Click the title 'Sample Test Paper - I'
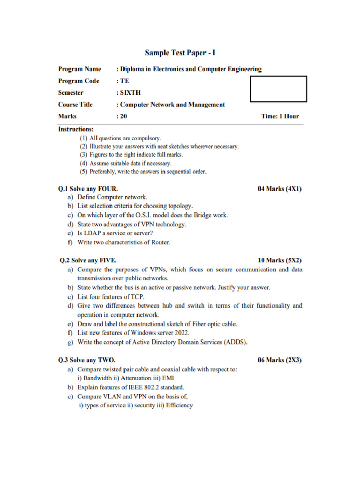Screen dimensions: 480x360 pyautogui.click(x=180, y=53)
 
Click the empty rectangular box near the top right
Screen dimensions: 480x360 pyautogui.click(x=278, y=89)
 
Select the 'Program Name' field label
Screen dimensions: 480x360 pyautogui.click(x=79, y=69)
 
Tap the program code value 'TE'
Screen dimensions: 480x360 pyautogui.click(x=124, y=81)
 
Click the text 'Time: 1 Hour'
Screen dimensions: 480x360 pyautogui.click(x=280, y=116)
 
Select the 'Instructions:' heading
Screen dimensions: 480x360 pyautogui.click(x=75, y=129)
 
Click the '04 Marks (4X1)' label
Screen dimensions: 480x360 pyautogui.click(x=280, y=189)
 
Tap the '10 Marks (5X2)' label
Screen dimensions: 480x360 pyautogui.click(x=280, y=260)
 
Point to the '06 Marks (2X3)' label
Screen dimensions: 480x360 pyautogui.click(x=280, y=360)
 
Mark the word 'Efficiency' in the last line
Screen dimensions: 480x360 pyautogui.click(x=179, y=405)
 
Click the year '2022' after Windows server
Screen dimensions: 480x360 pyautogui.click(x=181, y=333)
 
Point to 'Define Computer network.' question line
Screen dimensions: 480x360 pyautogui.click(x=112, y=197)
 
